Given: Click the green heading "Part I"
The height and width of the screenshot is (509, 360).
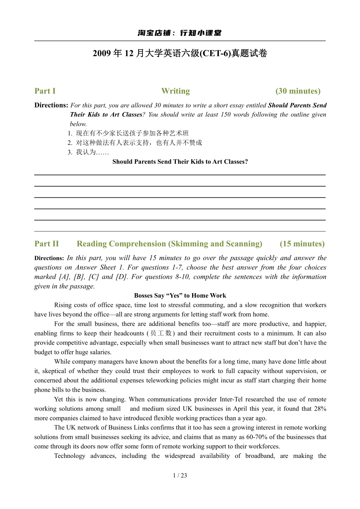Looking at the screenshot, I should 45,91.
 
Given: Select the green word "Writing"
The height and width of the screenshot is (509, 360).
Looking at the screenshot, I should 175,91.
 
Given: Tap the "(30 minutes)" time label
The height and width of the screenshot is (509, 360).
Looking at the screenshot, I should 298,91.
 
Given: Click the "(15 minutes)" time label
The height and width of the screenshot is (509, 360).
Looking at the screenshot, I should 302,244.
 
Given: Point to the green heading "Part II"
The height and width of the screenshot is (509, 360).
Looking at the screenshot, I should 47,244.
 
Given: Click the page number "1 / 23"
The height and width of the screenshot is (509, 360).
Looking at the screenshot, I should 180,476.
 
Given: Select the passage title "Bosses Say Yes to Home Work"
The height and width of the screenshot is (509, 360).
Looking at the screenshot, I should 180,296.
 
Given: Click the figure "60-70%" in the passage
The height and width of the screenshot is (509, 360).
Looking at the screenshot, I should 257,437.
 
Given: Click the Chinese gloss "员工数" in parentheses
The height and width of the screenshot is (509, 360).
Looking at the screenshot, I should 161,333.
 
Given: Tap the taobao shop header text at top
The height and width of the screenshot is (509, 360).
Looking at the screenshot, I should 180,33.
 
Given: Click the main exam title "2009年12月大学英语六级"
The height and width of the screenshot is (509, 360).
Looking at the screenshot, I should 180,53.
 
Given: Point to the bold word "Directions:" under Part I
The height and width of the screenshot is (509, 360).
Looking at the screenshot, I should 51,105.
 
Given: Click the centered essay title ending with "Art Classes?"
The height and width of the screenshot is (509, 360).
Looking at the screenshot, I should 180,162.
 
